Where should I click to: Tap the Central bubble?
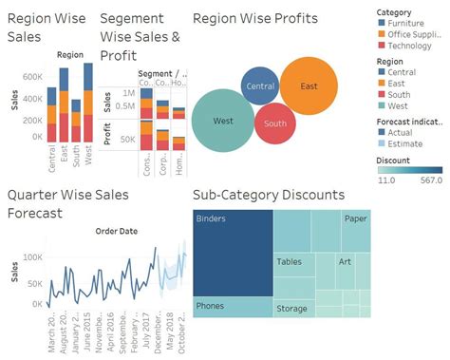tap(260, 87)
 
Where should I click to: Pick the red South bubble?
tap(275, 123)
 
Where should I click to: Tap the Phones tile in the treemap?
tap(233, 306)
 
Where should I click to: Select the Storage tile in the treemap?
tap(291, 309)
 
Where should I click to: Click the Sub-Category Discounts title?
tap(268, 195)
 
